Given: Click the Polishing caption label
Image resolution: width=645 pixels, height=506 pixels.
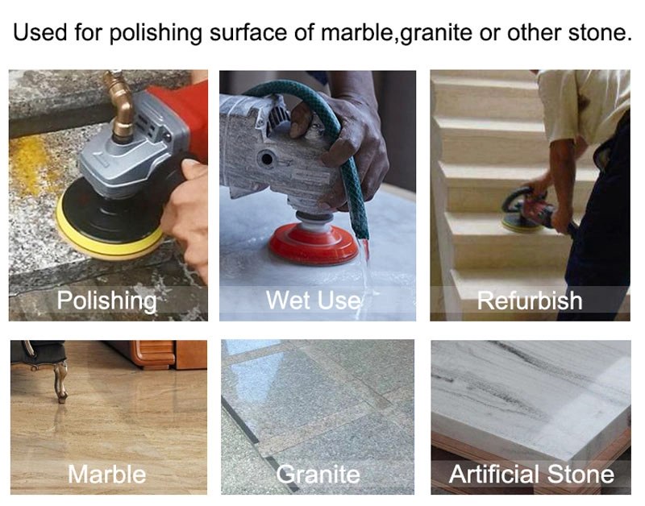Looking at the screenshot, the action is [x=107, y=301].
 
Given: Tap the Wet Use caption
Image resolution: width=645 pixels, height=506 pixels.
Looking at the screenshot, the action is [x=314, y=300].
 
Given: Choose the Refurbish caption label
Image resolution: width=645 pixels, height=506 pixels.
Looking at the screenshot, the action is [x=530, y=301].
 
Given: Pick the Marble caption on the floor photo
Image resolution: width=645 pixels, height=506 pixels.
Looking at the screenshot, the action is [x=107, y=474].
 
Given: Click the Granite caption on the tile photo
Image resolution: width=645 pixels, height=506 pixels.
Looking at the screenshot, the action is [x=318, y=475].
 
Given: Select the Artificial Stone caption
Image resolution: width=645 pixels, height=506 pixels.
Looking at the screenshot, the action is [x=531, y=474].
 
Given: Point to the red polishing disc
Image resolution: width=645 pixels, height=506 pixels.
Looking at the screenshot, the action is [x=314, y=245].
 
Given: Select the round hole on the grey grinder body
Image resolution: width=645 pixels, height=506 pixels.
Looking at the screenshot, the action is [x=267, y=158].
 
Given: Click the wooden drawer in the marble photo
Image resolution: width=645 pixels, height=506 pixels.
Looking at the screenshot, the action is [x=153, y=353].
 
